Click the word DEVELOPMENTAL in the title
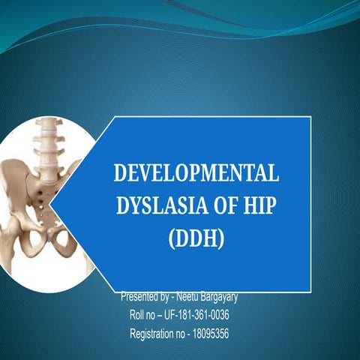coord(196,173)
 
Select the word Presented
coord(140,296)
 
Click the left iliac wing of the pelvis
coord(16,187)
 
